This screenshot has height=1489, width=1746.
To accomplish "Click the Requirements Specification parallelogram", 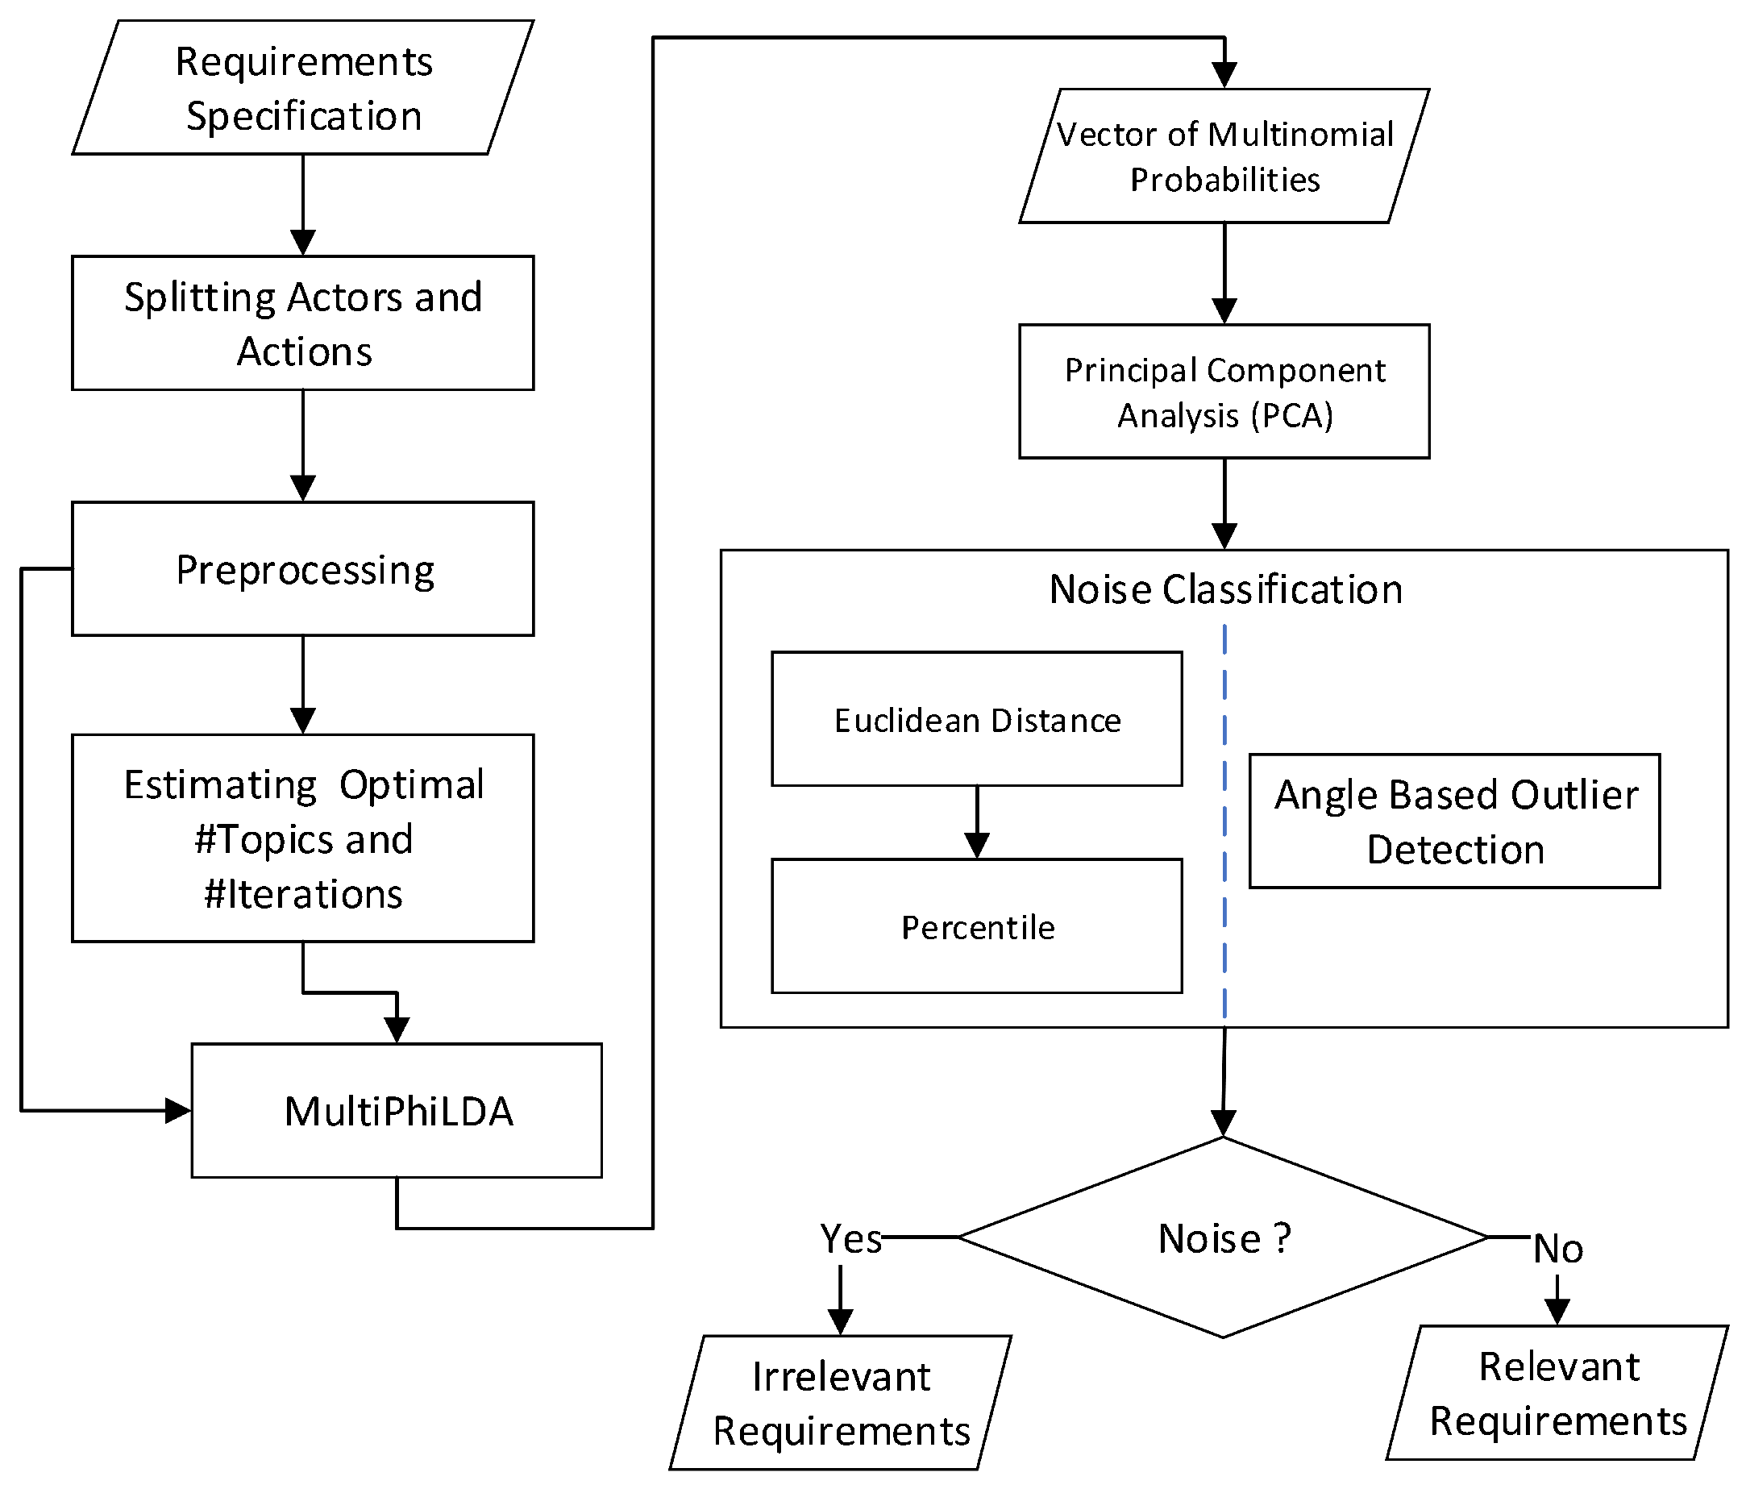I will point(302,88).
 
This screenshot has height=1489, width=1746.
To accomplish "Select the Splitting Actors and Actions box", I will point(302,322).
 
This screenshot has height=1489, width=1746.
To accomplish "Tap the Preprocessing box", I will point(302,569).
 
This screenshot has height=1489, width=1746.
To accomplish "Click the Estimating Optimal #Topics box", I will point(302,838).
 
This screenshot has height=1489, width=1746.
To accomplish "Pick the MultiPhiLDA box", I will point(397,1110).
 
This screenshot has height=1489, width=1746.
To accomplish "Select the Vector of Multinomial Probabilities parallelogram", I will point(1224,156).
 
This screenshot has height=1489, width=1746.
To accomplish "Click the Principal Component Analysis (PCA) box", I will point(1224,391).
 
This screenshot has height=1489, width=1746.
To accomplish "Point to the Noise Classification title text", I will point(1225,589).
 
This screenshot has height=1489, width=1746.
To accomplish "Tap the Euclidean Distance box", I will point(977,719).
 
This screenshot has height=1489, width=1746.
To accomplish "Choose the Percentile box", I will point(977,926).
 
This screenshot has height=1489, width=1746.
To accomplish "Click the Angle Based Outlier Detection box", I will point(1454,821).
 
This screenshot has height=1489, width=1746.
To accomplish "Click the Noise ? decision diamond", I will point(1224,1237).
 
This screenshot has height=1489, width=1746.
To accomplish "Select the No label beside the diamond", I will point(1557,1248).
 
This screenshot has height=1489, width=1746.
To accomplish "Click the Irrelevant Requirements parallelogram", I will point(840,1402).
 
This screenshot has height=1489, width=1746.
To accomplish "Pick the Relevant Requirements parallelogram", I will point(1557,1392).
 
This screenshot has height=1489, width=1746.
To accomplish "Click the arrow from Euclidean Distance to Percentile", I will point(977,822).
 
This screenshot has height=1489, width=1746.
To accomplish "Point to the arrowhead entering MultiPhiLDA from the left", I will point(178,1110).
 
